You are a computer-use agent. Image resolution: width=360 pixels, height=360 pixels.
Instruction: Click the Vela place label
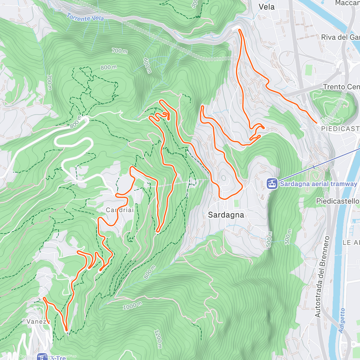[x=266, y=7]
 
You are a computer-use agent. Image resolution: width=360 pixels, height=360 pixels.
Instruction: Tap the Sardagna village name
[x=226, y=215]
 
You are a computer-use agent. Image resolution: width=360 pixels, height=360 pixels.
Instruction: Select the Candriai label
[x=120, y=210]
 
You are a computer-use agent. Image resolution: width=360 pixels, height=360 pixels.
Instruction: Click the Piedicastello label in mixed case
[x=337, y=201]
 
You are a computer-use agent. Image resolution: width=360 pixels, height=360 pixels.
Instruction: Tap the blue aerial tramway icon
[x=272, y=183]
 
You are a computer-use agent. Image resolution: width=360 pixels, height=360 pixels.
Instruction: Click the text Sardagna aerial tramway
[x=318, y=184]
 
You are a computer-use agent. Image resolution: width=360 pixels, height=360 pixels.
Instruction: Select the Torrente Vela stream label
[x=85, y=18]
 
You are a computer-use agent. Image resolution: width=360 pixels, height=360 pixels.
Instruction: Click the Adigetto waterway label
[x=342, y=320]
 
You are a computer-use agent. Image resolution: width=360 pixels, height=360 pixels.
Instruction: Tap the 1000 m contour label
[x=133, y=306]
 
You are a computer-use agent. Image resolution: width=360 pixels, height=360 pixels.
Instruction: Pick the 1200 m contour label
[x=158, y=339]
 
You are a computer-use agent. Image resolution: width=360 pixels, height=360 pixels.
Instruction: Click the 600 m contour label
[x=147, y=66]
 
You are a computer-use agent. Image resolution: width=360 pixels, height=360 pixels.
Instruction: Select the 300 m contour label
[x=288, y=237]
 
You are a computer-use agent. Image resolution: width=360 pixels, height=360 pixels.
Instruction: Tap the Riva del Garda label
[x=340, y=37]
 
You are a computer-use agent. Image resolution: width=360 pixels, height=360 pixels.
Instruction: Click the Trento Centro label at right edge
[x=341, y=87]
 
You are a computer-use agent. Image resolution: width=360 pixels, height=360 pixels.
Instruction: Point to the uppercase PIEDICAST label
[x=340, y=129]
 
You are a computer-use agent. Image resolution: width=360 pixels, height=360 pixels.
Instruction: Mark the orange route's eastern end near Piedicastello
[x=316, y=123]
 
